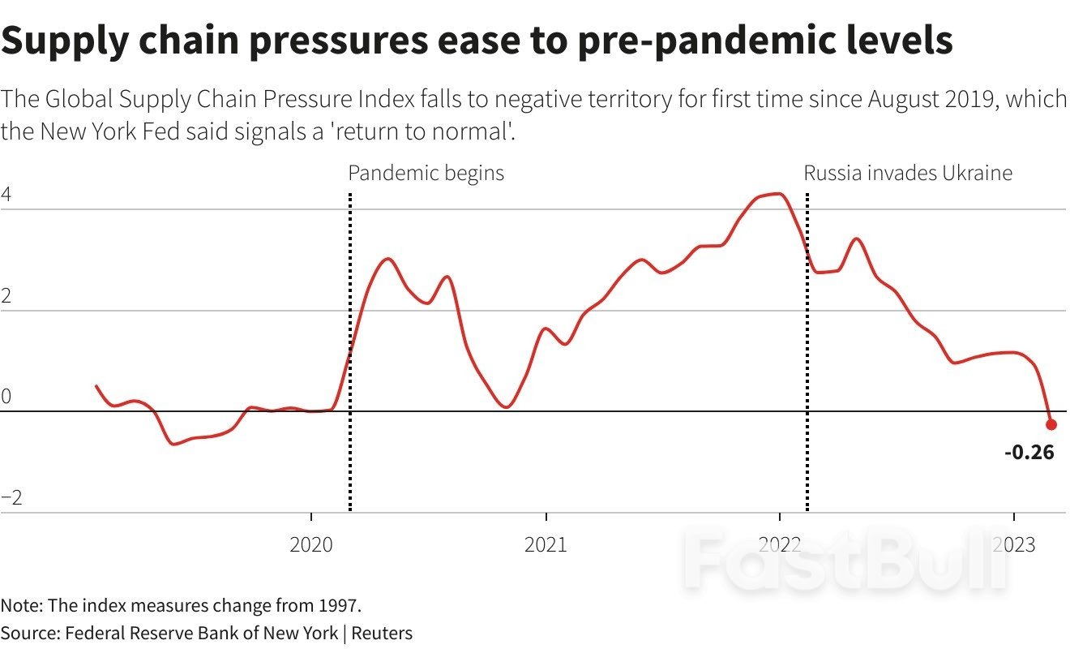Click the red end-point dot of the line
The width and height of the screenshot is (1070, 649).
pyautogui.click(x=1051, y=424)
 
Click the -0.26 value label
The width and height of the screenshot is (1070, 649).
pyautogui.click(x=1029, y=453)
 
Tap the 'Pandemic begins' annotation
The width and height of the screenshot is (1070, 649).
pyautogui.click(x=426, y=173)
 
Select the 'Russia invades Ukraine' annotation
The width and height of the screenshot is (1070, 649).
pyautogui.click(x=908, y=173)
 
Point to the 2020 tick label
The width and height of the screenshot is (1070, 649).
pyautogui.click(x=311, y=544)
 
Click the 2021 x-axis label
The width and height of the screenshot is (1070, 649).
pyautogui.click(x=546, y=544)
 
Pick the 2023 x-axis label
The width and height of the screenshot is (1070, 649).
pyautogui.click(x=1013, y=544)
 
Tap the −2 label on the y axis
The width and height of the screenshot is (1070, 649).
pyautogui.click(x=11, y=498)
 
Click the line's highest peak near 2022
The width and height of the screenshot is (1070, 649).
pyautogui.click(x=777, y=194)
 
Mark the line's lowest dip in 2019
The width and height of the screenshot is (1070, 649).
pyautogui.click(x=173, y=444)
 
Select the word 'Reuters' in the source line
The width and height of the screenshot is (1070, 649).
pyautogui.click(x=385, y=633)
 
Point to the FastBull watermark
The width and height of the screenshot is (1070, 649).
pyautogui.click(x=843, y=560)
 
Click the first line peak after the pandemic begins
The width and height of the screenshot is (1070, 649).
pyautogui.click(x=387, y=259)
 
